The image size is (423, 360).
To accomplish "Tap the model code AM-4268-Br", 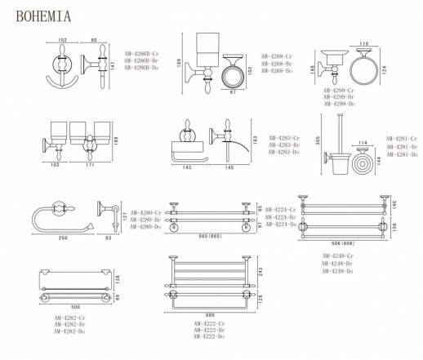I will click(x=276, y=64).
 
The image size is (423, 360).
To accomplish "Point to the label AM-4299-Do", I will click(x=339, y=104).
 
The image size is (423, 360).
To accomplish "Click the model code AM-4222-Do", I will click(x=208, y=336).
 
